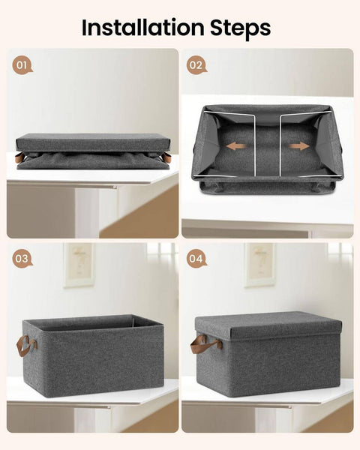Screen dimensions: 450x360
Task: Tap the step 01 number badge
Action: [x=22, y=65]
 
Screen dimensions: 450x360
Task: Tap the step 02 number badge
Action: [x=196, y=65]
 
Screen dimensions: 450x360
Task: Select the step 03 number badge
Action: [x=22, y=259]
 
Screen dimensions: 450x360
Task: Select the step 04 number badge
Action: [x=196, y=259]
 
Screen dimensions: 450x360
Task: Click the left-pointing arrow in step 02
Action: [x=235, y=146]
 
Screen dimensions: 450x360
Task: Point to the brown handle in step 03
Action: [x=26, y=346]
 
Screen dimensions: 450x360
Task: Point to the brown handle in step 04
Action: [x=205, y=343]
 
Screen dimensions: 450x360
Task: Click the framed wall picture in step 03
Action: [x=79, y=264]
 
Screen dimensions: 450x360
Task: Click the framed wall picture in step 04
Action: [x=259, y=264]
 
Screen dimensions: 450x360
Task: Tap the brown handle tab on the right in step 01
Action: [x=166, y=158]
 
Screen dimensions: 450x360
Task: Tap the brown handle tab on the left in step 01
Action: [x=19, y=158]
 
